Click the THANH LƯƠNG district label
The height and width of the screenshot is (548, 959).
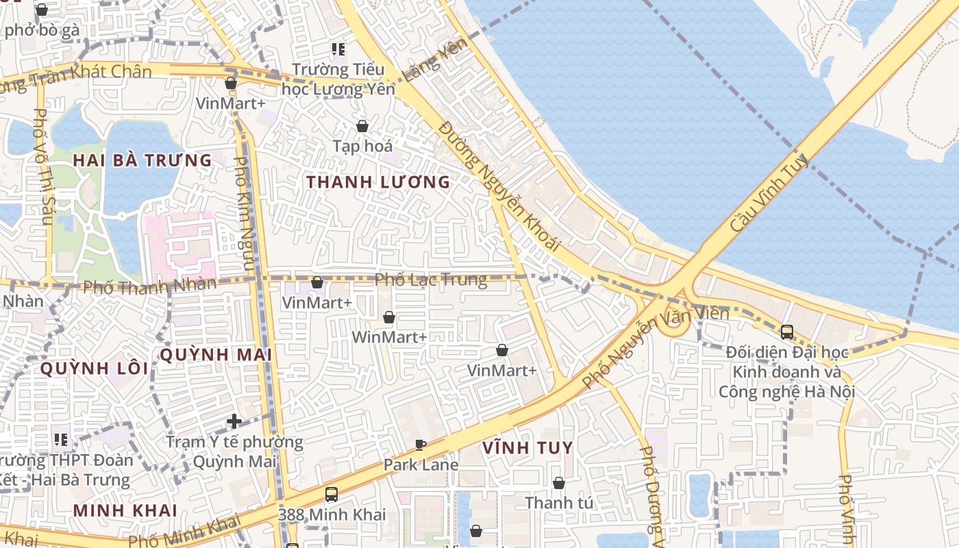pos(378,182)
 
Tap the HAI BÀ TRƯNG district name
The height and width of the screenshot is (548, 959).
pos(142,160)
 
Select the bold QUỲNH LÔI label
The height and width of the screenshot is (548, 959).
pos(94,369)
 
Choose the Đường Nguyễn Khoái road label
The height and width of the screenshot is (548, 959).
pos(499,185)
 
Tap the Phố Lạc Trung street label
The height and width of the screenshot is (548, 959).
pos(431,279)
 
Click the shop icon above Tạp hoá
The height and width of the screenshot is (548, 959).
pos(362,126)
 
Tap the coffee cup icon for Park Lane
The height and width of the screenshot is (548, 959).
pos(421,445)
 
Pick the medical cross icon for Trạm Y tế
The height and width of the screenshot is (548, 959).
pos(234,421)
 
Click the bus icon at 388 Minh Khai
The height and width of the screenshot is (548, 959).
pos(332,494)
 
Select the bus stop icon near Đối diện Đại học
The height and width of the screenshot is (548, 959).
pos(787,332)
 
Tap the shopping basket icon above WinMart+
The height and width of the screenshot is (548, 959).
pos(389,317)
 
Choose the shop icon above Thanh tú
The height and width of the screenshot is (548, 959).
pos(559,483)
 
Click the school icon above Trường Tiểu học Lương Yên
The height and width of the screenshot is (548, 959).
pos(338,49)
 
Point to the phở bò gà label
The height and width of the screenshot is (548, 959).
pos(42,30)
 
